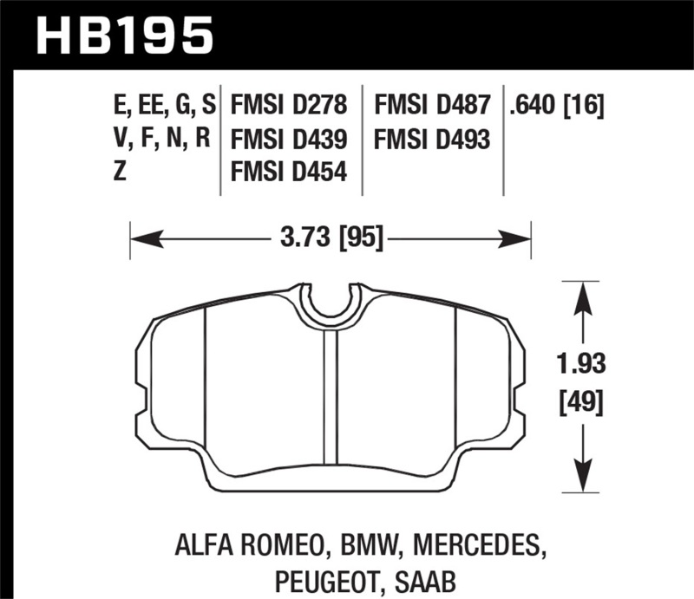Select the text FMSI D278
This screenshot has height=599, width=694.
click(x=290, y=106)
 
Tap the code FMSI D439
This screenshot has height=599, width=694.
click(x=290, y=139)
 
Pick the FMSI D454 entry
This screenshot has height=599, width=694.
click(x=290, y=173)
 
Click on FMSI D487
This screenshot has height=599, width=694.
click(x=433, y=106)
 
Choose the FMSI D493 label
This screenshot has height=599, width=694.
click(x=433, y=139)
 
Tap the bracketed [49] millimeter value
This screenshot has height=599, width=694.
click(x=580, y=401)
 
